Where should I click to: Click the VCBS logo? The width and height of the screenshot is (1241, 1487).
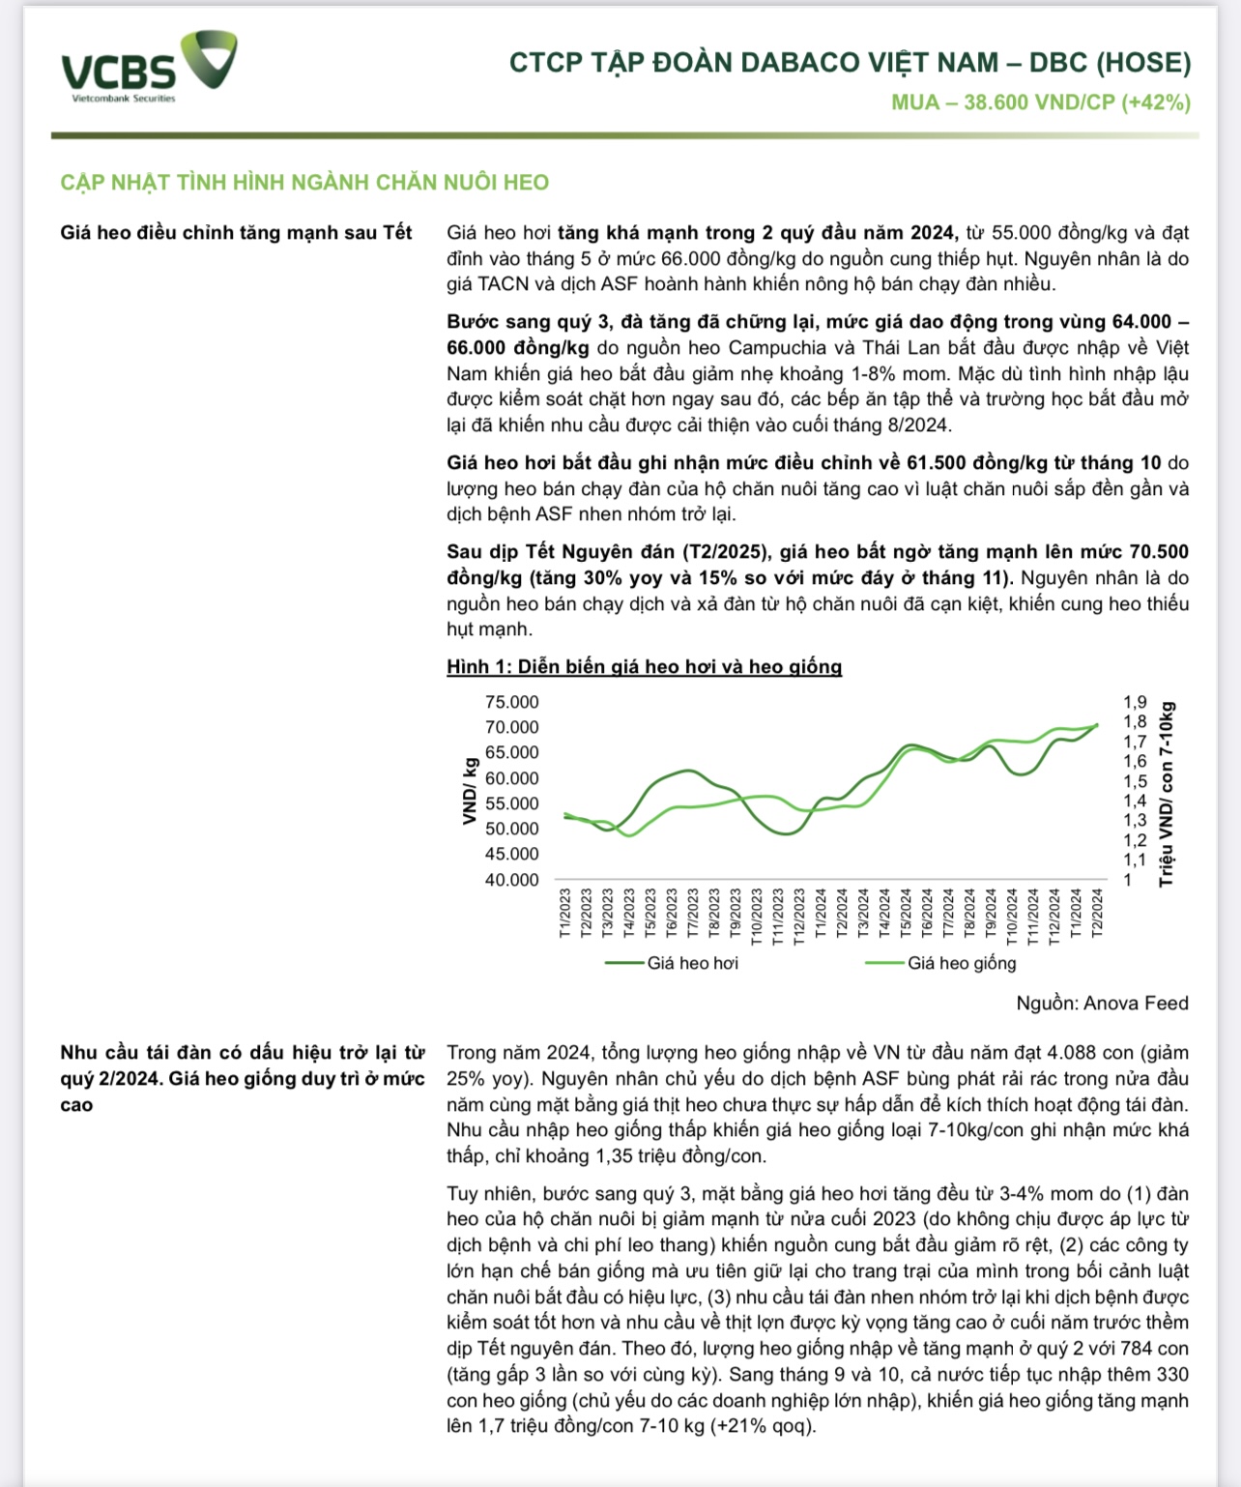tap(147, 68)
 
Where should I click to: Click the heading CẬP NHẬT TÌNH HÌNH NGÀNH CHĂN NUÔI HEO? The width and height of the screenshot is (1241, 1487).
tap(304, 183)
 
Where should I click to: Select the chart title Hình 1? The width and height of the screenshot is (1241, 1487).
tap(644, 667)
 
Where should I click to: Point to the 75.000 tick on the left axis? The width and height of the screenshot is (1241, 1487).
tap(512, 703)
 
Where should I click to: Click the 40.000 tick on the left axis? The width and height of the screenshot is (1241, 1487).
tap(512, 880)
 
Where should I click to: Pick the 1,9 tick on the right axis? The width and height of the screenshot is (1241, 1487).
tap(1135, 703)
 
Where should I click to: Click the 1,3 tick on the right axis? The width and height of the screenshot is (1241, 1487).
tap(1135, 821)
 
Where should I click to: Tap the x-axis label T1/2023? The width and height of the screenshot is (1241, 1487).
tap(565, 913)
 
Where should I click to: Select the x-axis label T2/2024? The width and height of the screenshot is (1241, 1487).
tap(1097, 913)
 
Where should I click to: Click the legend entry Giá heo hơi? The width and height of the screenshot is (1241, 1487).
tap(692, 963)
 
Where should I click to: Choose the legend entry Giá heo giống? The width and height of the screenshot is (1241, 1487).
tap(962, 963)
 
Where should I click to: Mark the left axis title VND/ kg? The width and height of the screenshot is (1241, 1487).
tap(471, 791)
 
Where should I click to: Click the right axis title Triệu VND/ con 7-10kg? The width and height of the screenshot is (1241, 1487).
tap(1168, 793)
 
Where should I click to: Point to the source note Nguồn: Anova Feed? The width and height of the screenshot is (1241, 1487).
tap(1102, 1004)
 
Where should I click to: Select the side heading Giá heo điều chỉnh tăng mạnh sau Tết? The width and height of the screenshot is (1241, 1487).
tap(236, 233)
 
